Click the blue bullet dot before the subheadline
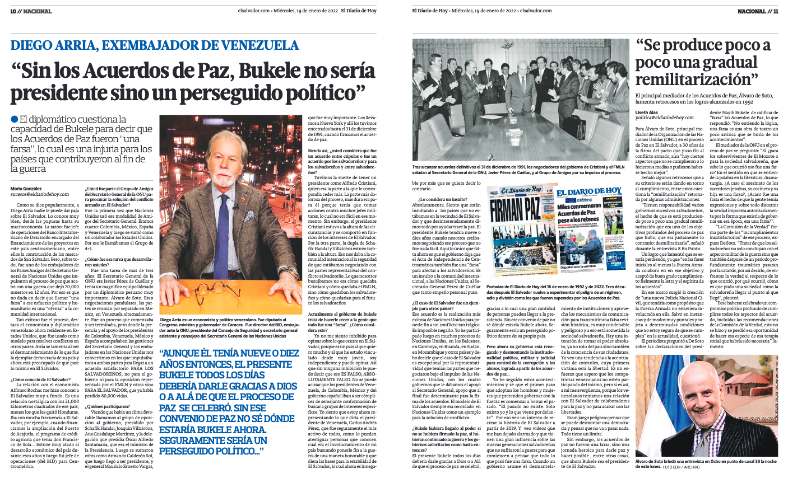click(x=14, y=119)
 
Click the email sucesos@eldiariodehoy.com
click(x=39, y=195)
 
